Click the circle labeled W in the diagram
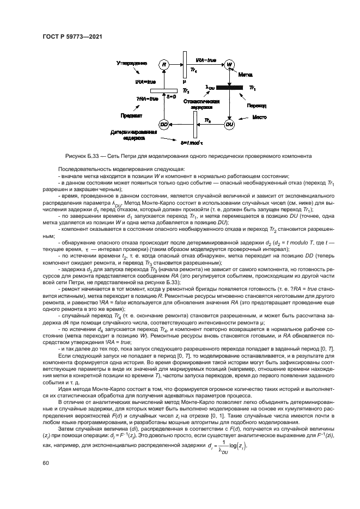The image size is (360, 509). tap(230, 65)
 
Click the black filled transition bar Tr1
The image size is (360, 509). tap(230, 87)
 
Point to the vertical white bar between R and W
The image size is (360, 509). tap(185, 65)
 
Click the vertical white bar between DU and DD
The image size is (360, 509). tap(194, 127)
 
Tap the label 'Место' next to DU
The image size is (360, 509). tap(258, 116)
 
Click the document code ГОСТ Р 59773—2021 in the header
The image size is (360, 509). tap(73, 36)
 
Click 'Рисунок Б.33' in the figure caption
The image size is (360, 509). tap(82, 155)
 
